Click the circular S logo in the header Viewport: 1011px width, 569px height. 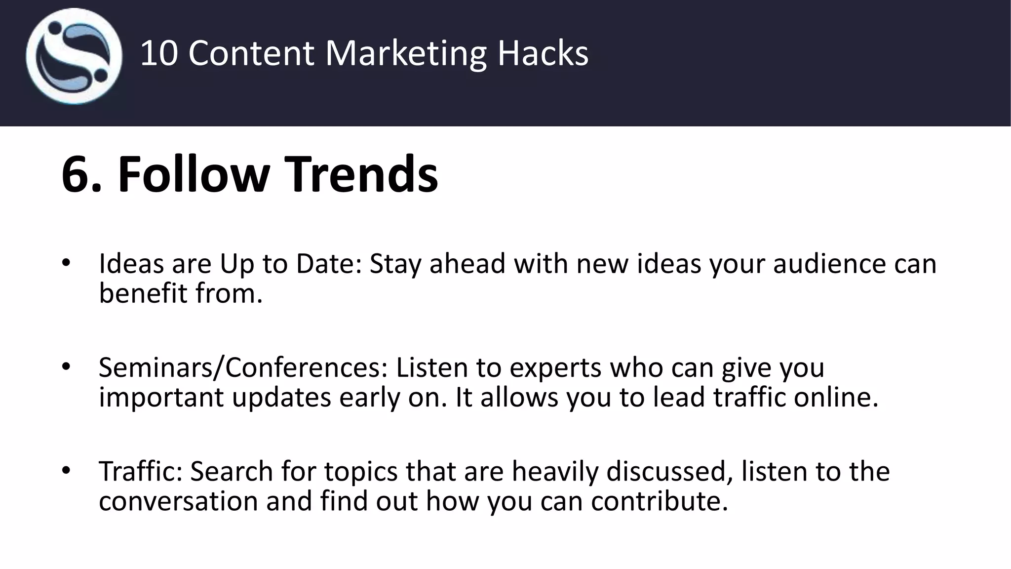pos(74,56)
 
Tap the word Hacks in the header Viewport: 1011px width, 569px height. pos(543,53)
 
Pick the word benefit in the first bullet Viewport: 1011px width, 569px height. pos(143,293)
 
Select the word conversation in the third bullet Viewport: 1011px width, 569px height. pos(178,501)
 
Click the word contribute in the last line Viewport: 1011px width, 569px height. pos(659,501)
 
